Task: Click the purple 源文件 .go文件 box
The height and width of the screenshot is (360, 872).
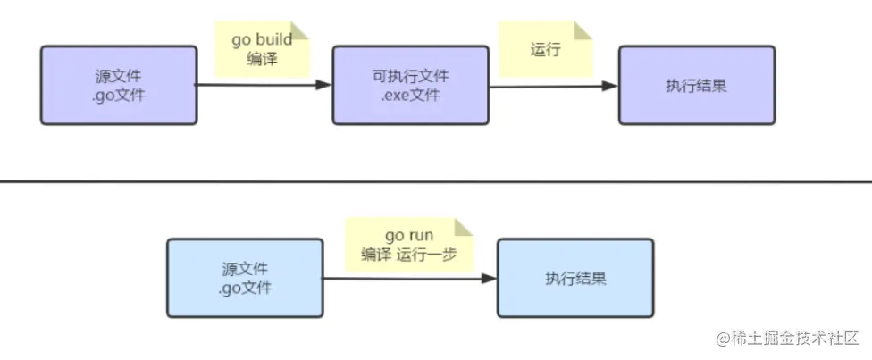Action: pos(119,85)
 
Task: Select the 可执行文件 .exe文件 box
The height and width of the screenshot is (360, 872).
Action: pos(411,85)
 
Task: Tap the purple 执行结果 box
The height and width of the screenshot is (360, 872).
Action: pos(697,85)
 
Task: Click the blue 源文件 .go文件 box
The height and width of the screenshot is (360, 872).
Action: pos(245,278)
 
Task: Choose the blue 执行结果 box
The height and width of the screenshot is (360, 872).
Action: pos(575,278)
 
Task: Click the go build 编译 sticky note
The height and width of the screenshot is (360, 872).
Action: pos(263,49)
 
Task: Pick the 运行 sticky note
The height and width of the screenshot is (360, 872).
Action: pos(546,49)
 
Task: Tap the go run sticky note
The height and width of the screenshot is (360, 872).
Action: pos(409,245)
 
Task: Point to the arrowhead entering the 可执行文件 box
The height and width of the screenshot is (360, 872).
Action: pos(323,85)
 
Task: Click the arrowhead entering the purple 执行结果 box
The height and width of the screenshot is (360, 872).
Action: pos(610,86)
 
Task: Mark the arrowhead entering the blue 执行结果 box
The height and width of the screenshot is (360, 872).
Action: pos(489,278)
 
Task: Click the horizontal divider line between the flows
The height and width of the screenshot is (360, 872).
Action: pos(436,181)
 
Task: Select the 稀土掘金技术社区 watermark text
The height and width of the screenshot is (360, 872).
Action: pos(787,337)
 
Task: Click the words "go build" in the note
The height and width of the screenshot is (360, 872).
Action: pos(262,40)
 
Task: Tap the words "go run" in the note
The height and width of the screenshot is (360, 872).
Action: pos(409,236)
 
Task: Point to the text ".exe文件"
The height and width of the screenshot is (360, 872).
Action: pos(410,96)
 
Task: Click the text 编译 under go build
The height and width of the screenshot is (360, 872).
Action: pos(262,59)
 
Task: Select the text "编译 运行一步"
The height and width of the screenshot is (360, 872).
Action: pos(409,255)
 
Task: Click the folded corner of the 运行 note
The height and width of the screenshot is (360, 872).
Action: pos(583,30)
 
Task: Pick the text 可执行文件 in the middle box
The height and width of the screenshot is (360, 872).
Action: pos(411,76)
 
